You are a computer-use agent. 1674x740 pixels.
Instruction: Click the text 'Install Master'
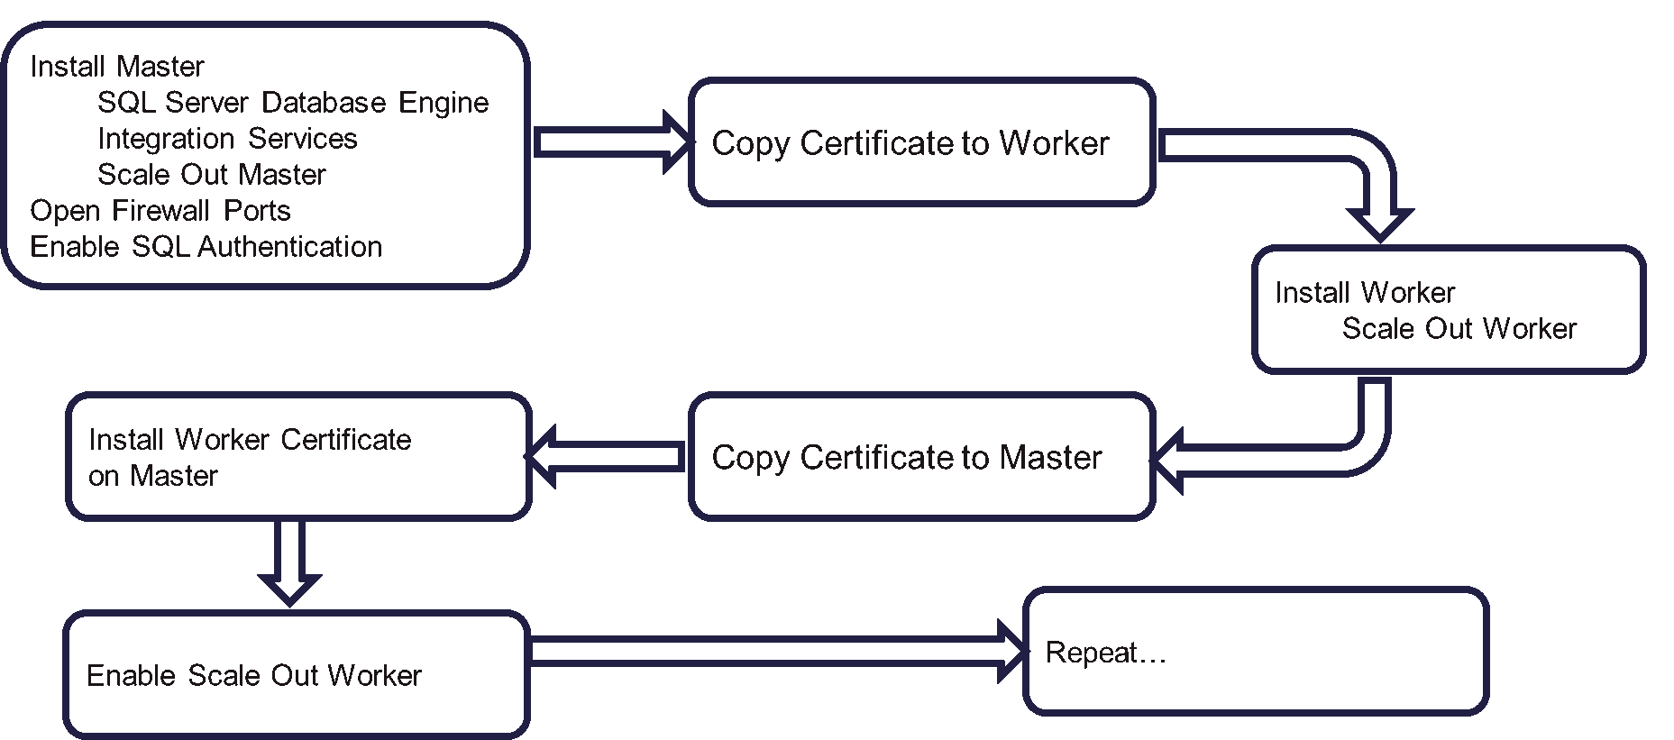click(117, 67)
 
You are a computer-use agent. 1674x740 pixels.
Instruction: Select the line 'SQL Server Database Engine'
click(292, 103)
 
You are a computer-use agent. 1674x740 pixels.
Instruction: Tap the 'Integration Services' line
click(227, 139)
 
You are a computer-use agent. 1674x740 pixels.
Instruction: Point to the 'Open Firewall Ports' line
click(160, 211)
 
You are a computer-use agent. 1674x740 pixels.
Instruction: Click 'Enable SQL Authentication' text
click(206, 247)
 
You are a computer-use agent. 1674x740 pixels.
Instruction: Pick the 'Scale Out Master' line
click(211, 175)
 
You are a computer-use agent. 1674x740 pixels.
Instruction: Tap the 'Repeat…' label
click(1105, 653)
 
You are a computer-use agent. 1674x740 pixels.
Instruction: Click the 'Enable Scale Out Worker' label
click(253, 676)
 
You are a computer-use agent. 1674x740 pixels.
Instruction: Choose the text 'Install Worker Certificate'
click(250, 440)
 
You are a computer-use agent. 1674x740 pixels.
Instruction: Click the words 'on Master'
click(153, 476)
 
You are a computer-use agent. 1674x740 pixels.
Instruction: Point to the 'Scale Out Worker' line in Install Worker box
click(1459, 329)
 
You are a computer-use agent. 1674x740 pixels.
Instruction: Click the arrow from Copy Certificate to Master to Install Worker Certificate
click(606, 456)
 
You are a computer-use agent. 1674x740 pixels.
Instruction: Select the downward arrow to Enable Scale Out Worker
click(289, 563)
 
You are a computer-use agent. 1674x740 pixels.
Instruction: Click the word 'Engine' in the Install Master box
click(444, 104)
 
